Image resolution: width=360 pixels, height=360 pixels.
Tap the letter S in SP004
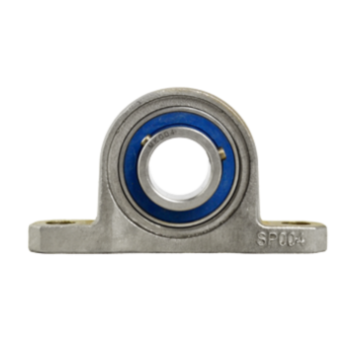(261, 240)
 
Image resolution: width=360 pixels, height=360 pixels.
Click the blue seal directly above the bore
(180, 115)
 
